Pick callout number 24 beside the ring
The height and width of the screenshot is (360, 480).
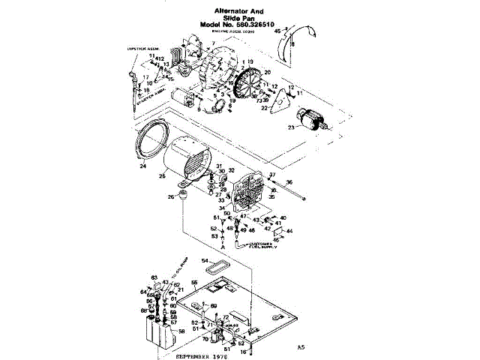coord(141,166)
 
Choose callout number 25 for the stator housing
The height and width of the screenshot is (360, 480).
coord(162,178)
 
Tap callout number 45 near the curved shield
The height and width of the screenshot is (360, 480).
coord(277,31)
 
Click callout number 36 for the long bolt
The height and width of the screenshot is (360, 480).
coord(289,182)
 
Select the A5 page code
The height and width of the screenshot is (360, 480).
coord(301,347)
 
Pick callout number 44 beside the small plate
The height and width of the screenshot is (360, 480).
coord(290,231)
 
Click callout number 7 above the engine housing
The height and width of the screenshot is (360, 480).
coord(212,44)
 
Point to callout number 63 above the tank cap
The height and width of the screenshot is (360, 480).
coord(154,277)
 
